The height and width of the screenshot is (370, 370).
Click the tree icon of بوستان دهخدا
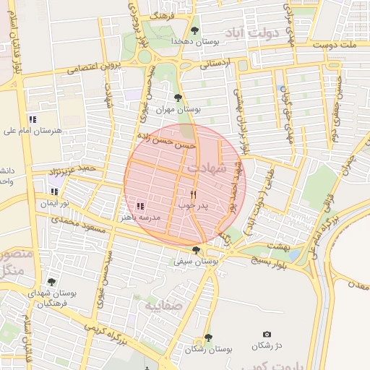195,30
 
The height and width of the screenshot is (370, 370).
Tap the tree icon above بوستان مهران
178,97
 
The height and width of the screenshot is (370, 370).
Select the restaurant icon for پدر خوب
193,194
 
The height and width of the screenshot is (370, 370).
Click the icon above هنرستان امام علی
32,119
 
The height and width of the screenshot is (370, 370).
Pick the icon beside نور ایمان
54,192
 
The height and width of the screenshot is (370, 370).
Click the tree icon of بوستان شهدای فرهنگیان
51,282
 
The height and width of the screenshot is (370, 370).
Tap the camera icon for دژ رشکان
267,334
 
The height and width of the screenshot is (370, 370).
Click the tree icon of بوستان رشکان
208,337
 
